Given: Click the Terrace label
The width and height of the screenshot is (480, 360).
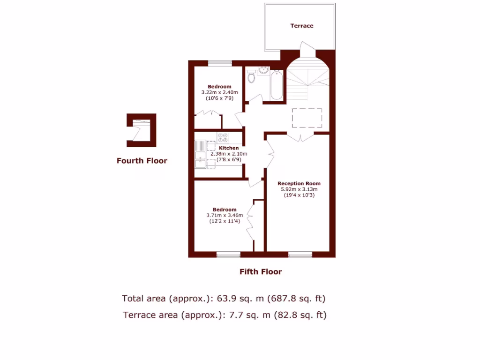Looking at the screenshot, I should coord(301,26).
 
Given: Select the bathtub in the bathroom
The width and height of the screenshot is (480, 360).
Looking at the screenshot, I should coord(277,85).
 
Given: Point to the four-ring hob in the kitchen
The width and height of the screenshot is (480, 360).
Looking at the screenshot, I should coord(223,137).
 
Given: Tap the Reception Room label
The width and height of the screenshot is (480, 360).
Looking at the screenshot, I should coord(299,183).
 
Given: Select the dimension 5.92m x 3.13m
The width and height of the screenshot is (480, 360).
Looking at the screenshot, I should coord(299,189).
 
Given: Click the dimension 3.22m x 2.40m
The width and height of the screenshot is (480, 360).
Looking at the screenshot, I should coord(219,92).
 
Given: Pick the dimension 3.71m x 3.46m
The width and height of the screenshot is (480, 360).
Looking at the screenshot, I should coord(225,216).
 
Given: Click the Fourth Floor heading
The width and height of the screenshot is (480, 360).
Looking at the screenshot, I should coord(142,161).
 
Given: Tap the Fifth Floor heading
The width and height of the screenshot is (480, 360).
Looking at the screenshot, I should coord(261,271).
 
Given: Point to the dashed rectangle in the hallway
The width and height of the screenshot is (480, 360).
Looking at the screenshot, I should coord(307,118).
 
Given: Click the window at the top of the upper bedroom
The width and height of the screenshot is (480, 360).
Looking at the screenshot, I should coord(220,63).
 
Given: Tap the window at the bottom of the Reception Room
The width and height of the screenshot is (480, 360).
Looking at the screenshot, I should coord(300,255).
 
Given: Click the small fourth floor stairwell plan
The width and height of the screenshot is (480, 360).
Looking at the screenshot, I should coord(141,127).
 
